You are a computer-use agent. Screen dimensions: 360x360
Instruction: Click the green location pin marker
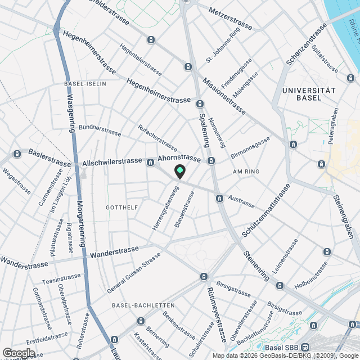coord(179,172)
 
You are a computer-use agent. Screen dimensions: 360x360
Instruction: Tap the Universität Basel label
coord(309,94)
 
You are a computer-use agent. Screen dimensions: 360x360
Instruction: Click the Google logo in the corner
coord(18,353)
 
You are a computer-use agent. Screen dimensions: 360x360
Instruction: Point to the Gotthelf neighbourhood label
coord(121,208)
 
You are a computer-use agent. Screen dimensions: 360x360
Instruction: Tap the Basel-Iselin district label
coord(85,84)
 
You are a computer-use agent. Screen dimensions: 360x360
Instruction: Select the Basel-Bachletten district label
coord(138,305)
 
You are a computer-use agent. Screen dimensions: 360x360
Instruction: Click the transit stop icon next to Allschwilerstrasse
coord(150,163)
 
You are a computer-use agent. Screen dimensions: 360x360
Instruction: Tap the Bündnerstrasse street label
coord(100,130)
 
